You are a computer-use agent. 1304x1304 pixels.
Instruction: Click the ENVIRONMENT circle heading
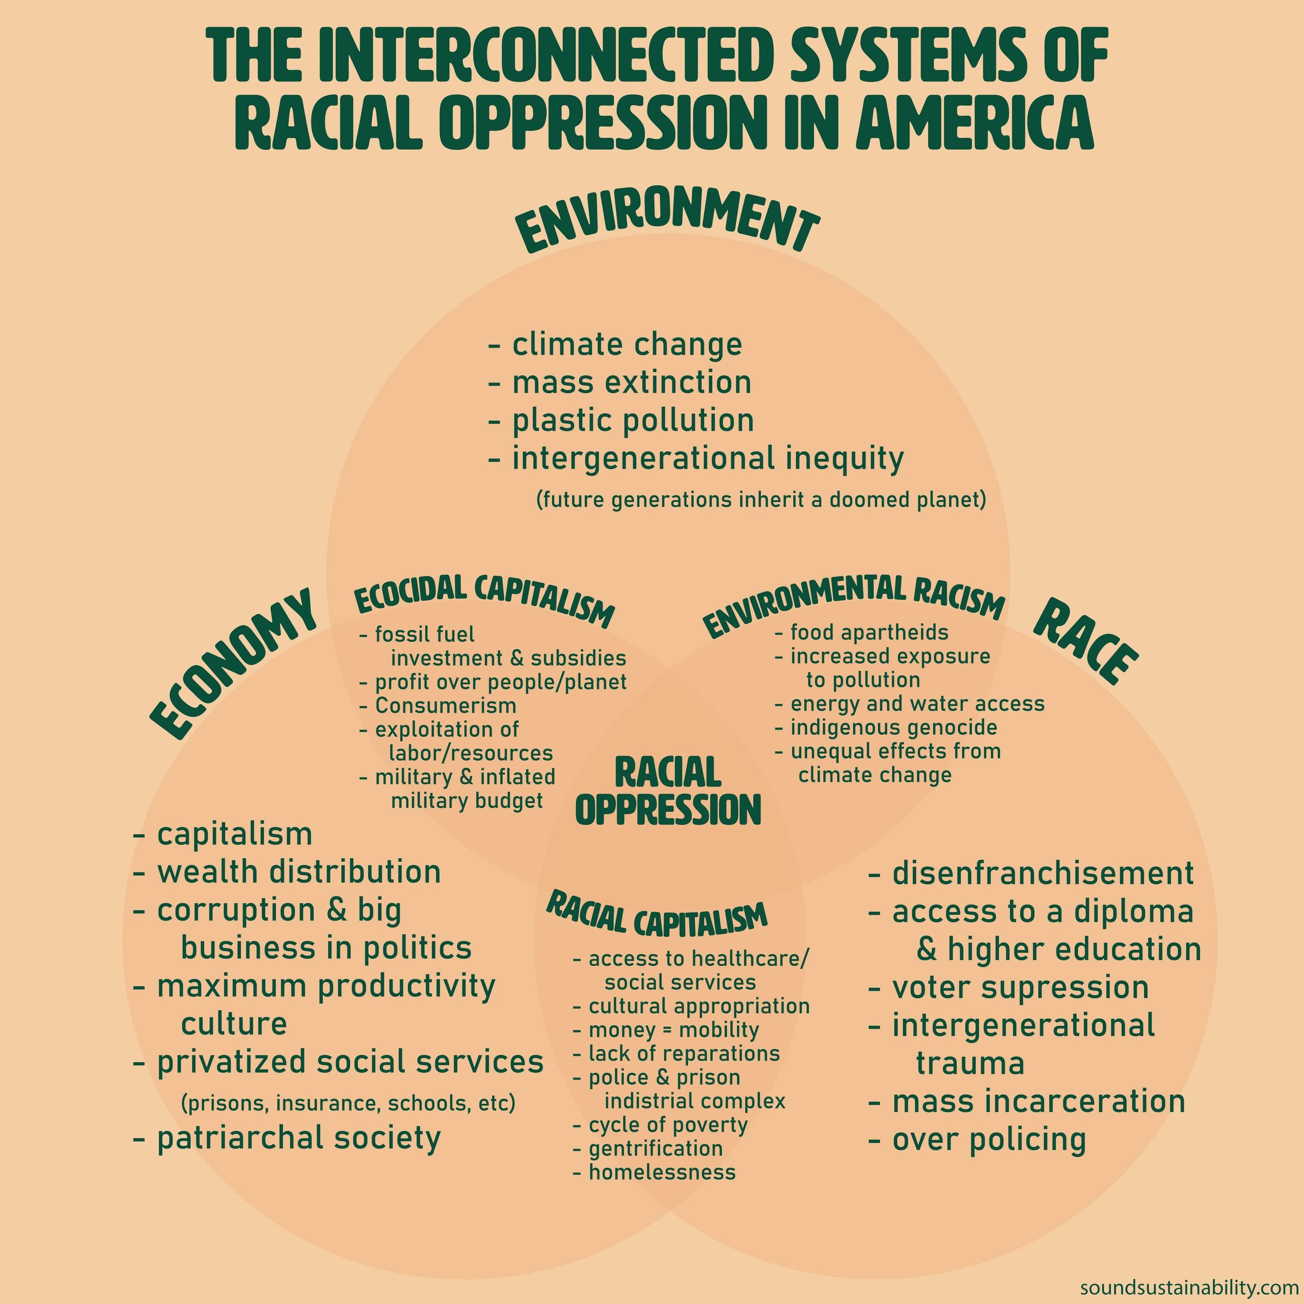(x=667, y=228)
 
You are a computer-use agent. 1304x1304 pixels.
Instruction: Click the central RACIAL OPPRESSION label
(x=668, y=792)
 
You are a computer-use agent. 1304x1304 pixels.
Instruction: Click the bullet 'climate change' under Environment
(x=627, y=345)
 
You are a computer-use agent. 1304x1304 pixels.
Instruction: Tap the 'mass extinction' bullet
(x=631, y=383)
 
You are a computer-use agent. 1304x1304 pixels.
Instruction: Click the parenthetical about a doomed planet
(x=762, y=500)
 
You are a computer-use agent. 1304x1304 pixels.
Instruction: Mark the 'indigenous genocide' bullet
(x=893, y=727)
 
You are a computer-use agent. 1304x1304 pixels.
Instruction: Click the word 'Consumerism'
(x=446, y=706)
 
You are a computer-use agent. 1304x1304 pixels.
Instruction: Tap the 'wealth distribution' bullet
(x=298, y=872)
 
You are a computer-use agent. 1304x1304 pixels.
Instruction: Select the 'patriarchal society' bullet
(x=298, y=1138)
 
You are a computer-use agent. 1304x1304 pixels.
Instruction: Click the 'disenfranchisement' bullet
(x=1042, y=874)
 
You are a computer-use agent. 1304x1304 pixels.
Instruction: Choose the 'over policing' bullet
(x=989, y=1140)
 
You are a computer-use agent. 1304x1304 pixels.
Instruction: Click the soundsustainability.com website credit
(x=1189, y=1287)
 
